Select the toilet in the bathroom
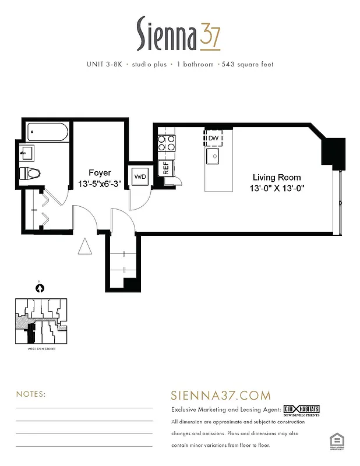point(31,173)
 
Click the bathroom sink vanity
point(27,154)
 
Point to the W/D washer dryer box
point(140,176)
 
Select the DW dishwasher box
point(213,138)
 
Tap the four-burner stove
point(165,143)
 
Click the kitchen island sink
point(213,156)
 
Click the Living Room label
point(276,177)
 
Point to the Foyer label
point(100,172)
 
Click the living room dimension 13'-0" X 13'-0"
point(276,188)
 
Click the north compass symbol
point(40,287)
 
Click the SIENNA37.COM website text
point(221,396)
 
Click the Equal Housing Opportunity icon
point(336,440)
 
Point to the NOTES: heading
point(30,394)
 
